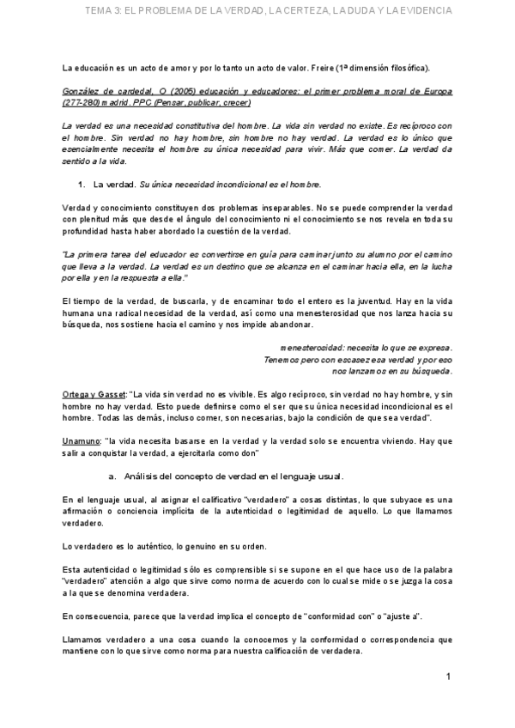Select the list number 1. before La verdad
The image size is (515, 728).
pyautogui.click(x=82, y=184)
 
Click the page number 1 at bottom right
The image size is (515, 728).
pyautogui.click(x=448, y=677)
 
